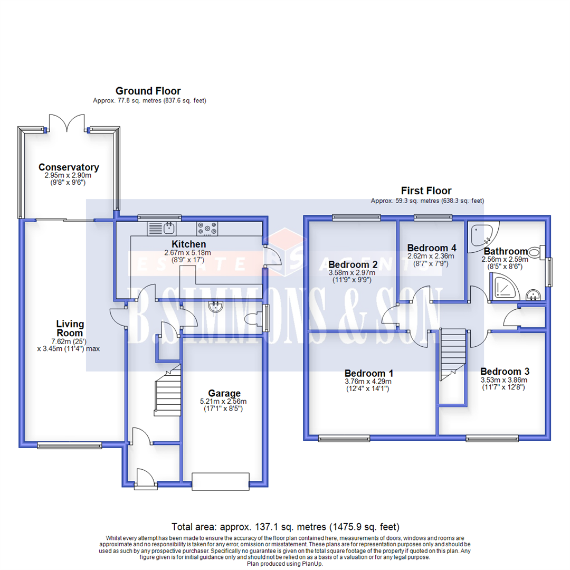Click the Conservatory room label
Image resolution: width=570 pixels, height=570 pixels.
tap(69, 167)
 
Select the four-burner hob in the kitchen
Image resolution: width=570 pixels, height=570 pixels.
tap(207, 229)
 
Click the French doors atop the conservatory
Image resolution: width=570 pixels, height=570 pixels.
tap(66, 124)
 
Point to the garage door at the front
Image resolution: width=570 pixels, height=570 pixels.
tap(220, 481)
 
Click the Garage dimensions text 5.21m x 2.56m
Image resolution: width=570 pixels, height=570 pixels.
tap(224, 401)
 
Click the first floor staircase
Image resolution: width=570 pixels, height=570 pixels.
tap(453, 354)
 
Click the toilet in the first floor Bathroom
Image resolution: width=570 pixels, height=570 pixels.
tap(535, 252)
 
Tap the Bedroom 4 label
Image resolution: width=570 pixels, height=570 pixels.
tap(431, 248)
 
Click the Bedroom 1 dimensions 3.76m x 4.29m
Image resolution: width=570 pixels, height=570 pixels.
tap(368, 382)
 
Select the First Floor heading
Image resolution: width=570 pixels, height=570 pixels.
tap(426, 191)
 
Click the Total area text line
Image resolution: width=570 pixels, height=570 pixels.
tap(285, 527)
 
